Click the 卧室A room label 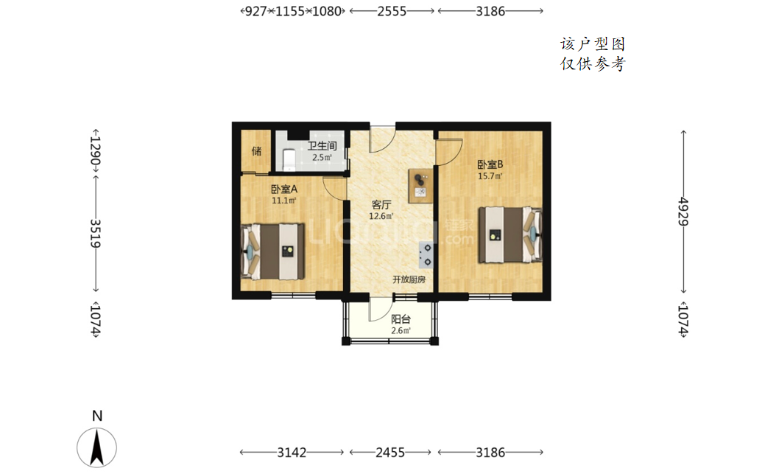tap(284, 189)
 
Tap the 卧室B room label tap(490, 164)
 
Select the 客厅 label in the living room tap(381, 205)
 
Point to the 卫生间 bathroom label tap(322, 146)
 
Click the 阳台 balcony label tap(401, 319)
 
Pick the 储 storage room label tap(257, 151)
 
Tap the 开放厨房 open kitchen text tap(409, 279)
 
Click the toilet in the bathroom tap(289, 160)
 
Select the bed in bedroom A tap(272, 251)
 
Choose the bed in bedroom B tap(510, 235)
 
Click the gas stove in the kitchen tap(426, 255)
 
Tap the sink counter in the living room tap(420, 187)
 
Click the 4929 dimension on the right tap(683, 211)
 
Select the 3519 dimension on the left tap(96, 234)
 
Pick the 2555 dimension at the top tap(392, 11)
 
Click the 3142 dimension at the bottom tap(292, 453)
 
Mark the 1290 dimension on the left tap(96, 150)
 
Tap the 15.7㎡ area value tap(490, 176)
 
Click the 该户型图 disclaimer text tap(592, 44)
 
